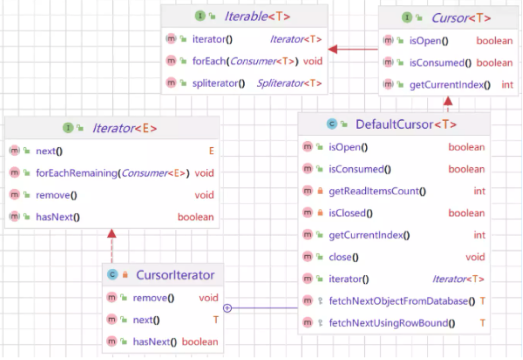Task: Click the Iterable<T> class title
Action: click(x=257, y=16)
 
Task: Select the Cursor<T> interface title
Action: click(x=461, y=18)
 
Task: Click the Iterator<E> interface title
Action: click(x=124, y=128)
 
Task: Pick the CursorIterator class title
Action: click(x=175, y=275)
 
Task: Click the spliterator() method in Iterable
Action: click(x=219, y=83)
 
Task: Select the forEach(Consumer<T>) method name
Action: click(x=246, y=61)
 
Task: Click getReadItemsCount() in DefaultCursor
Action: click(x=377, y=191)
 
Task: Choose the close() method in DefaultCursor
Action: click(x=344, y=257)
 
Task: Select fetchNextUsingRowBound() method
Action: click(x=392, y=323)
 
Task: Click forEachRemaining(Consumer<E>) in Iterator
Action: click(x=112, y=173)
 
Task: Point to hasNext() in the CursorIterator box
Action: click(x=155, y=342)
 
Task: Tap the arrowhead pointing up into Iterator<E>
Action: click(x=111, y=233)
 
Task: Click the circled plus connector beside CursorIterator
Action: click(x=228, y=308)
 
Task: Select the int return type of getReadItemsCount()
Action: click(x=479, y=191)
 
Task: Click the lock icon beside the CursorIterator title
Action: click(x=125, y=275)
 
